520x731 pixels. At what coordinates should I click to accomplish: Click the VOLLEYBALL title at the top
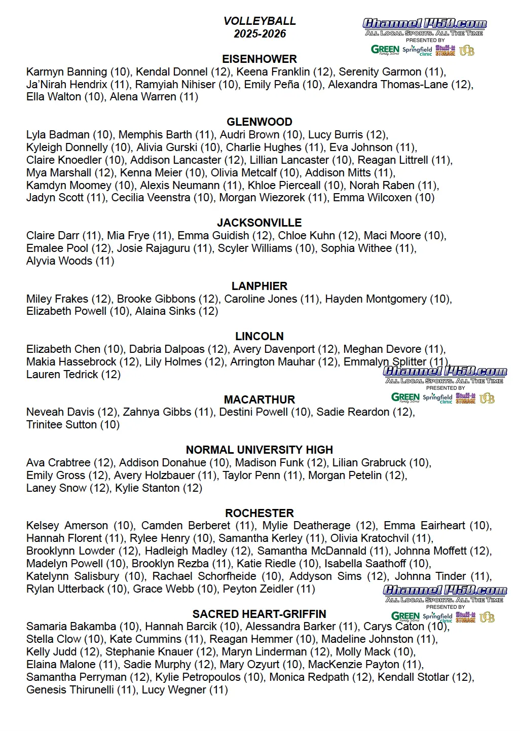tap(259, 21)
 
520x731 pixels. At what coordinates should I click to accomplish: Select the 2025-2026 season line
tap(259, 34)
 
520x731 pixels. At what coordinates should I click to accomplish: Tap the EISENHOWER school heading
tap(259, 59)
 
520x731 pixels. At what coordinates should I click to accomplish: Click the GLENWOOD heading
tap(259, 122)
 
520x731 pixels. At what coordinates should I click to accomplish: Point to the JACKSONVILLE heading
tap(259, 223)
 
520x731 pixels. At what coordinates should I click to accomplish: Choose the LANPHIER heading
tap(259, 286)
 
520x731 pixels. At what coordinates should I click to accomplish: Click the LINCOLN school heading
tap(259, 336)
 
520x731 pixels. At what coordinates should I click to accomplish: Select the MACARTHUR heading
tap(259, 399)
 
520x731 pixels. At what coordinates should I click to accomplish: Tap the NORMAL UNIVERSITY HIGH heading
tap(259, 450)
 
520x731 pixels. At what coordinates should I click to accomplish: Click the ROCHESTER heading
tap(259, 513)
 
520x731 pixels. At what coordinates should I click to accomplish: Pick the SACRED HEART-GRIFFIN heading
tap(259, 614)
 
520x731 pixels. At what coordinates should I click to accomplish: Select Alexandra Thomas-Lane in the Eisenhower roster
tap(388, 85)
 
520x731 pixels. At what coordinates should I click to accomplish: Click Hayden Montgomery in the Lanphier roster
tap(376, 299)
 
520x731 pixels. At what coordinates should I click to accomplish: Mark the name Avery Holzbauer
tap(154, 476)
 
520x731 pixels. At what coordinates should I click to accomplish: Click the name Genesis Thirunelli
tap(70, 690)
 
